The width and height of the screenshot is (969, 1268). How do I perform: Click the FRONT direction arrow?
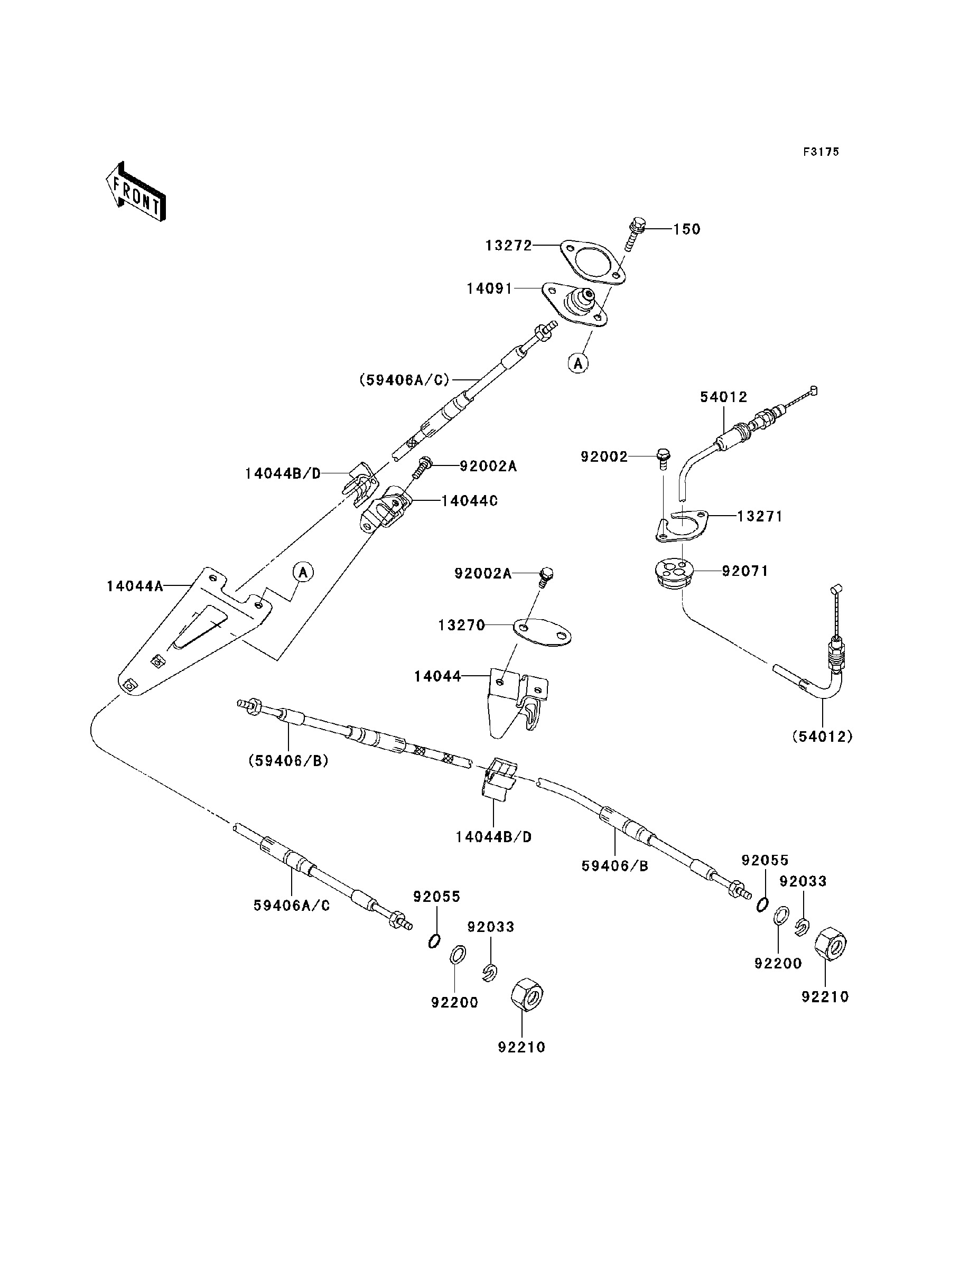(x=136, y=192)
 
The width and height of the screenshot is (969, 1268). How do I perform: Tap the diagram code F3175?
(x=822, y=152)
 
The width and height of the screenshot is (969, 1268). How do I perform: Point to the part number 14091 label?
(x=490, y=288)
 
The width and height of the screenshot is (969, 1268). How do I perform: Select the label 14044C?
(x=470, y=501)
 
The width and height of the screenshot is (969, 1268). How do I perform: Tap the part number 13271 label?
(x=760, y=516)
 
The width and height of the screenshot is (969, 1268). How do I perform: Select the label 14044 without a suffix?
(x=438, y=676)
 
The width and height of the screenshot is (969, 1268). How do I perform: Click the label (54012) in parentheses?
(x=822, y=736)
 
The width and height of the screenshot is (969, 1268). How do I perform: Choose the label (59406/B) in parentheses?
(x=288, y=761)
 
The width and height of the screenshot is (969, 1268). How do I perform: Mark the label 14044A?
(x=134, y=586)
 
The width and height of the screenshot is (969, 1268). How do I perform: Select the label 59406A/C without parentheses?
(x=292, y=906)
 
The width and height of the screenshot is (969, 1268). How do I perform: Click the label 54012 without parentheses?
(x=723, y=397)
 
